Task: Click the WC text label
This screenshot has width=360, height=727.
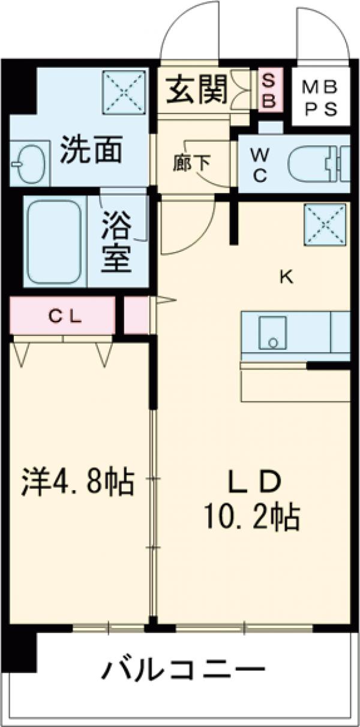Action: [x=260, y=165]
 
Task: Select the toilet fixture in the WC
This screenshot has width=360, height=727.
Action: [x=318, y=164]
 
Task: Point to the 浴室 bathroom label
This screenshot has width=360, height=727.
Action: [x=116, y=241]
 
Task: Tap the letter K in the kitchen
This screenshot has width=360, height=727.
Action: [x=286, y=277]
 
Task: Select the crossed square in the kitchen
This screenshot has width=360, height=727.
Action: [x=325, y=226]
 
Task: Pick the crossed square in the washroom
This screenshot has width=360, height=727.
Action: [x=124, y=91]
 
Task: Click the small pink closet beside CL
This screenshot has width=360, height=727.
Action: [x=136, y=314]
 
